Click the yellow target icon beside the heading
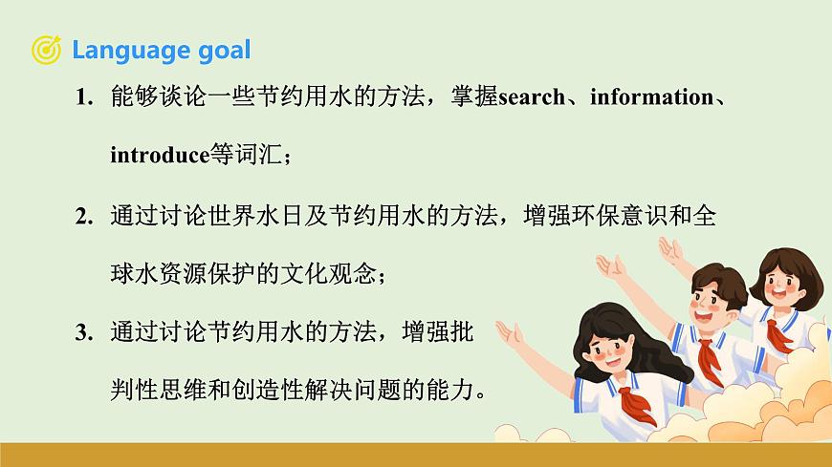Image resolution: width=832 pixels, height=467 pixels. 47,50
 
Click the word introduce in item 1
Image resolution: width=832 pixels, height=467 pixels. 159,156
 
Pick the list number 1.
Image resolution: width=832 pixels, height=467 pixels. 83,98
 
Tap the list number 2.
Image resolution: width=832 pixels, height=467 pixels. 83,217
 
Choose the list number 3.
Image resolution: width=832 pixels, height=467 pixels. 83,333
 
